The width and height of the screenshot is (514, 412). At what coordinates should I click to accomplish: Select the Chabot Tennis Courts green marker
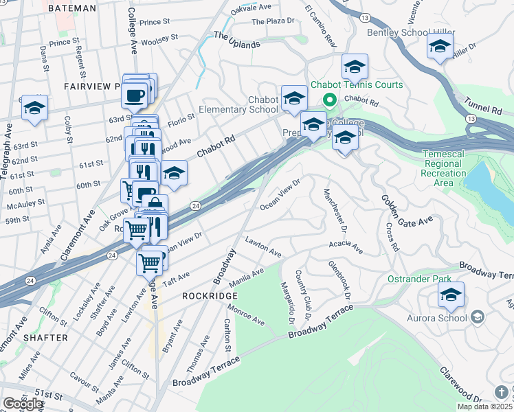pos(329,101)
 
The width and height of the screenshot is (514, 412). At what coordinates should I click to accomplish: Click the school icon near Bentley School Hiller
pos(439,47)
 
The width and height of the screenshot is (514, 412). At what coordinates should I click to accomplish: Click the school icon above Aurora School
pos(451,295)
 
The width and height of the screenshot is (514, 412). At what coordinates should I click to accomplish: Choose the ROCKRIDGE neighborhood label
pos(210,295)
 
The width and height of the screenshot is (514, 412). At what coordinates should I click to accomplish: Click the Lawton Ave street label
pos(263,246)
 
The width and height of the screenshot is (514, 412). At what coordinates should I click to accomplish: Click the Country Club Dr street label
pos(304,295)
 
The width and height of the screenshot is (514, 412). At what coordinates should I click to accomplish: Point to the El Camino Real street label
pos(321,27)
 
